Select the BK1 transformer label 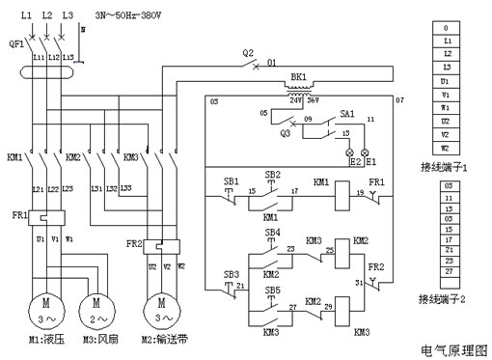[x=296, y=74]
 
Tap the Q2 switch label [x=248, y=52]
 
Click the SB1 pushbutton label [x=230, y=180]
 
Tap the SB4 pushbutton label [x=273, y=233]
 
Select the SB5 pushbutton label [x=273, y=290]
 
